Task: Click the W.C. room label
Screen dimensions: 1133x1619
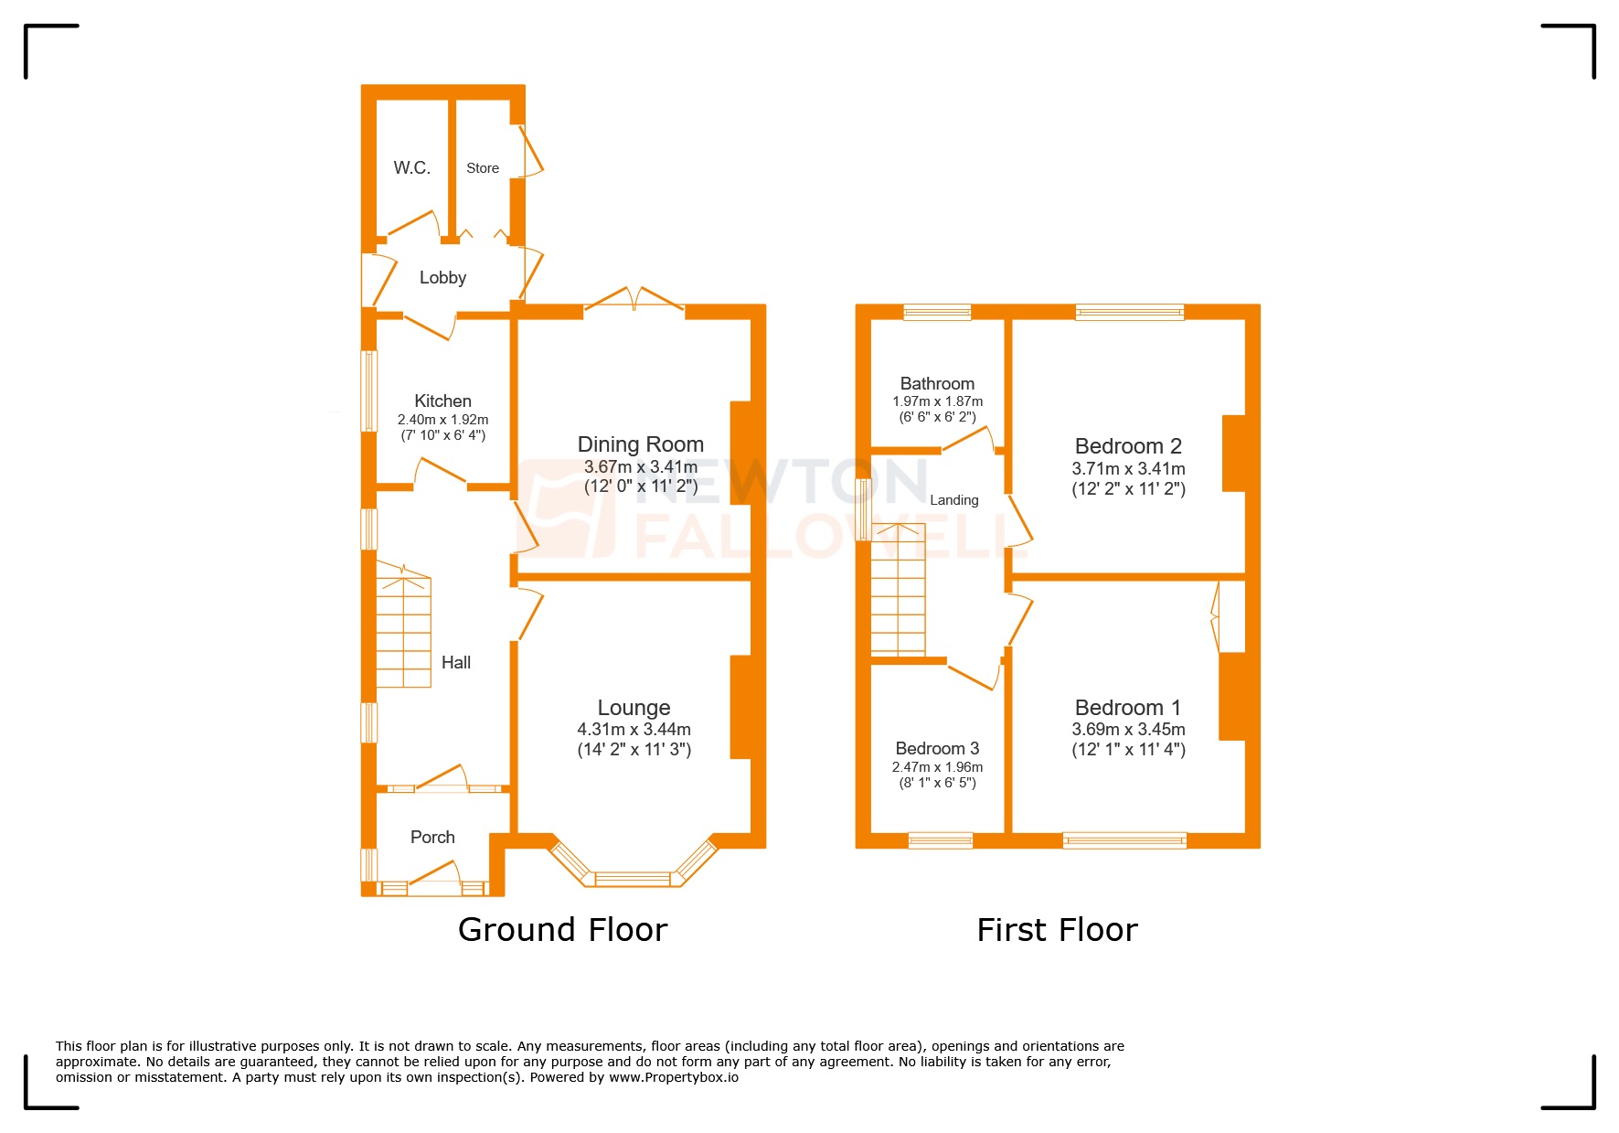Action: pos(411,167)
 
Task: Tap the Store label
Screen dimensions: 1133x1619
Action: pos(483,168)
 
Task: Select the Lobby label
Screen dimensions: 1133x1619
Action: pos(442,277)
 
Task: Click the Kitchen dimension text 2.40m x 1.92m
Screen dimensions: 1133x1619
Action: pos(442,420)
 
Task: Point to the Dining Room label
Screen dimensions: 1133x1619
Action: pos(640,444)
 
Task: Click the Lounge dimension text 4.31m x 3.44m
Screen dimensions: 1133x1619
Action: pos(634,730)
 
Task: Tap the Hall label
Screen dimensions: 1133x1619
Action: pos(455,662)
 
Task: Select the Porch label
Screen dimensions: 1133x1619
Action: pos(432,837)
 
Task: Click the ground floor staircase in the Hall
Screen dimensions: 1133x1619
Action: pos(403,631)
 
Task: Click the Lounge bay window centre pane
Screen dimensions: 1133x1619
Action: pos(633,879)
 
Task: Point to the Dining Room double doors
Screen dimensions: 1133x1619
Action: pos(634,299)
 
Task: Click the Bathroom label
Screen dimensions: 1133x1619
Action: pos(937,383)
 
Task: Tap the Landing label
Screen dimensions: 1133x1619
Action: pos(953,500)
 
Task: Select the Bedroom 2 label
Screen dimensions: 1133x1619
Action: pos(1128,446)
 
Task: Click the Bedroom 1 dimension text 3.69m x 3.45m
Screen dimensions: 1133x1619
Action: pos(1128,730)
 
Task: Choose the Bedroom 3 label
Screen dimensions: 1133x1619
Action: pos(937,748)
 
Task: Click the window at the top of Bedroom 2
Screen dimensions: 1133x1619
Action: pos(1129,312)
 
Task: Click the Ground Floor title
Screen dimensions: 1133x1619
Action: pos(562,930)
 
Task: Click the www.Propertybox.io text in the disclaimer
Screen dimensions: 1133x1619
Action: pos(674,1077)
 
